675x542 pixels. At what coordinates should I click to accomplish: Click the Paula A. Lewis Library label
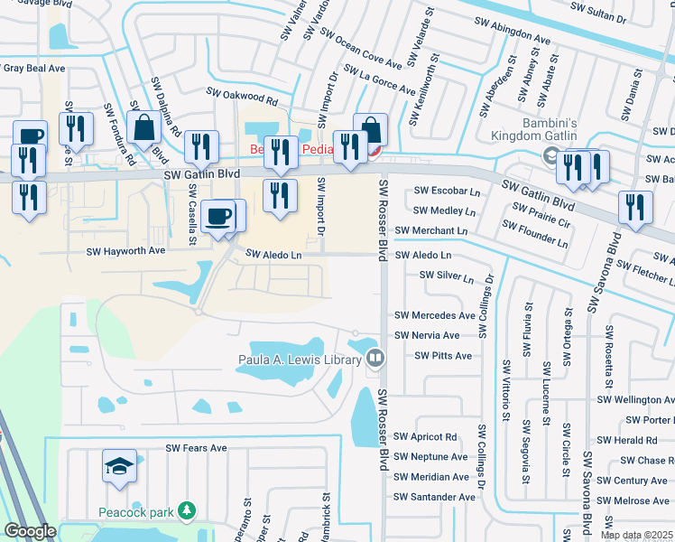(x=300, y=360)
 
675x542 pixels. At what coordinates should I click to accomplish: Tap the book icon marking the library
(x=374, y=360)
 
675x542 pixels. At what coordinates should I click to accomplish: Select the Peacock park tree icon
(x=187, y=512)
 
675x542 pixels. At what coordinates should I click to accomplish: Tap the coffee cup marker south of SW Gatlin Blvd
(x=219, y=218)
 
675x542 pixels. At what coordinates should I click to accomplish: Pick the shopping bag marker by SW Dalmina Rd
(x=143, y=129)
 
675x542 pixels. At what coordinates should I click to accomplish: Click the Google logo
(x=30, y=531)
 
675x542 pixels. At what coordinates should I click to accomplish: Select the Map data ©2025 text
(x=635, y=535)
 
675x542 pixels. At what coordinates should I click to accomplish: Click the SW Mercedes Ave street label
(x=435, y=316)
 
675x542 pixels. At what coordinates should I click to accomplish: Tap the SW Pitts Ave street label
(x=443, y=356)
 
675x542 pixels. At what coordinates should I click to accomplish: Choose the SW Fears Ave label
(x=196, y=448)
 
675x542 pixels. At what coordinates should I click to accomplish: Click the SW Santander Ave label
(x=434, y=497)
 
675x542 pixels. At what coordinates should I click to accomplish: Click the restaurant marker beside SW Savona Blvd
(x=636, y=207)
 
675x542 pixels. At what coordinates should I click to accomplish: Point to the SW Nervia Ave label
(x=427, y=335)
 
